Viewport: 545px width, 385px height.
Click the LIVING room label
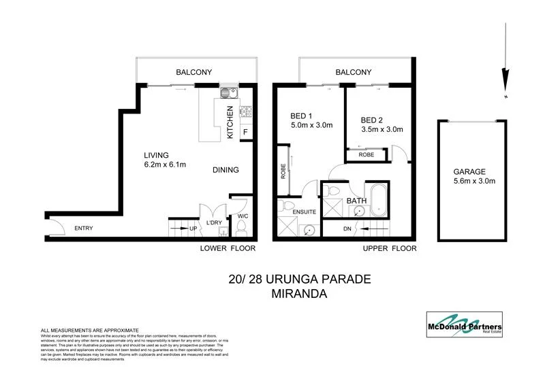pyautogui.click(x=156, y=154)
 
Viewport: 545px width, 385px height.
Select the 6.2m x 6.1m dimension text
pyautogui.click(x=166, y=165)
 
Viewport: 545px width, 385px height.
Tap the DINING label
pyautogui.click(x=225, y=170)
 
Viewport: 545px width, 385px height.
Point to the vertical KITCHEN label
pyautogui.click(x=230, y=123)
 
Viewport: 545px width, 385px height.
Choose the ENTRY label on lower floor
pyautogui.click(x=83, y=229)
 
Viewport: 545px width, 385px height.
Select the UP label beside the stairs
pyautogui.click(x=193, y=229)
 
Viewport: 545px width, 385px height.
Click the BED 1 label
pyautogui.click(x=296, y=116)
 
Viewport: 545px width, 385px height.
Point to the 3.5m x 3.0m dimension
pyautogui.click(x=382, y=129)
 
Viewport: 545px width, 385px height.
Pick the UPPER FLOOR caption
pyautogui.click(x=389, y=249)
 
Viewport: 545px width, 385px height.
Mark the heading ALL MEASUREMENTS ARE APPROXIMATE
pyautogui.click(x=90, y=329)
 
